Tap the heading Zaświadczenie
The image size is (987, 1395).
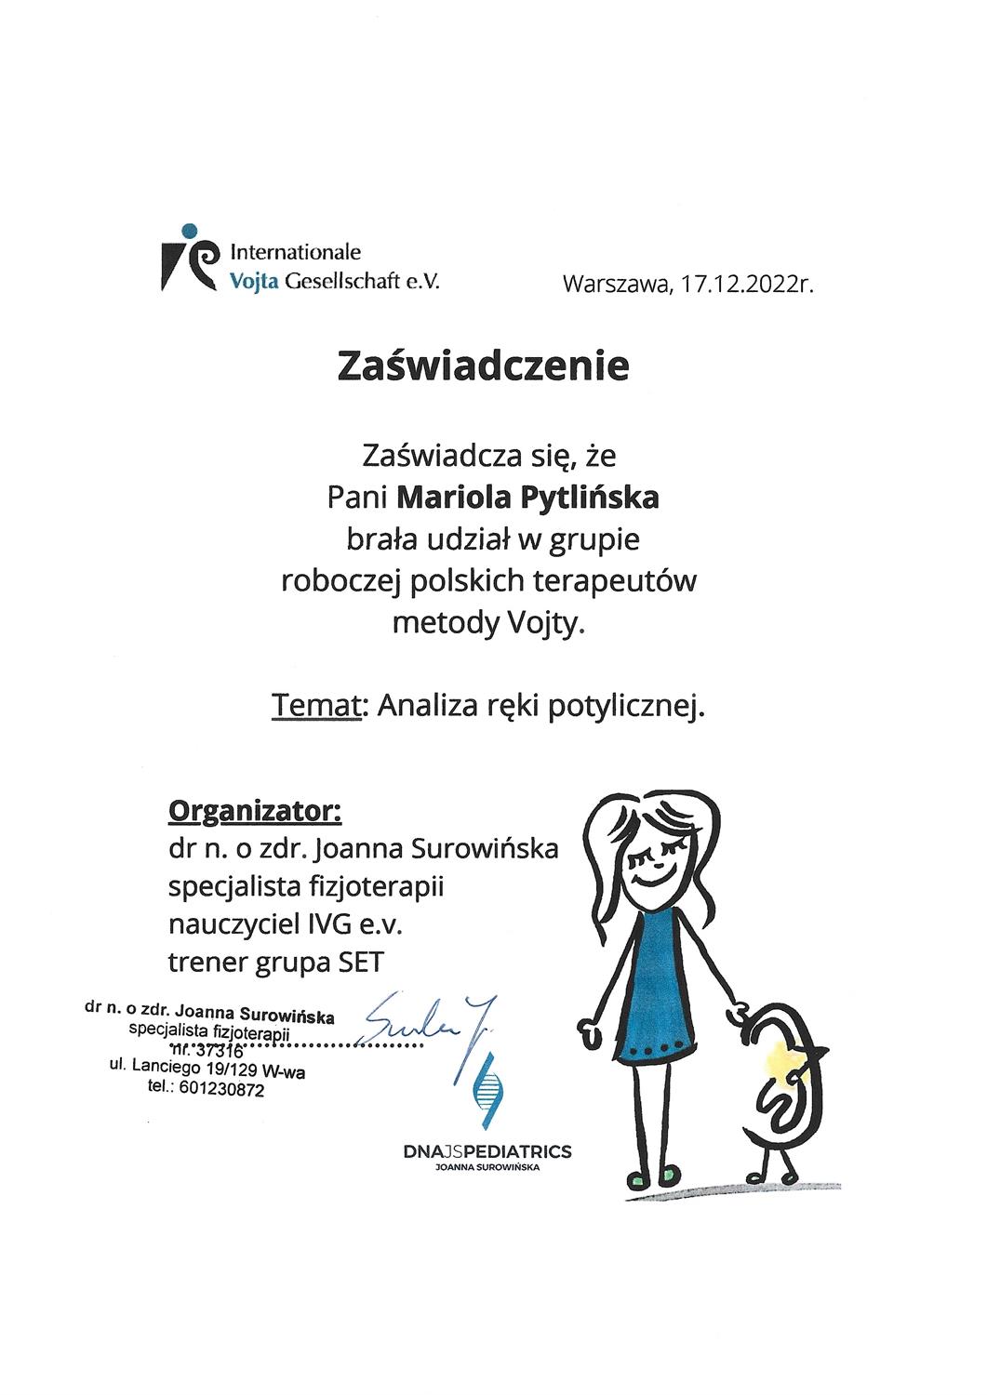point(483,365)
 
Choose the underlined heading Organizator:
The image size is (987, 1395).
point(254,810)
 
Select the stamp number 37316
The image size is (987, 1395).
point(215,1052)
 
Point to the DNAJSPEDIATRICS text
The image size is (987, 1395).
point(487,1153)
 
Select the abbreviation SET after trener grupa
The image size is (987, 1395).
point(358,962)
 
